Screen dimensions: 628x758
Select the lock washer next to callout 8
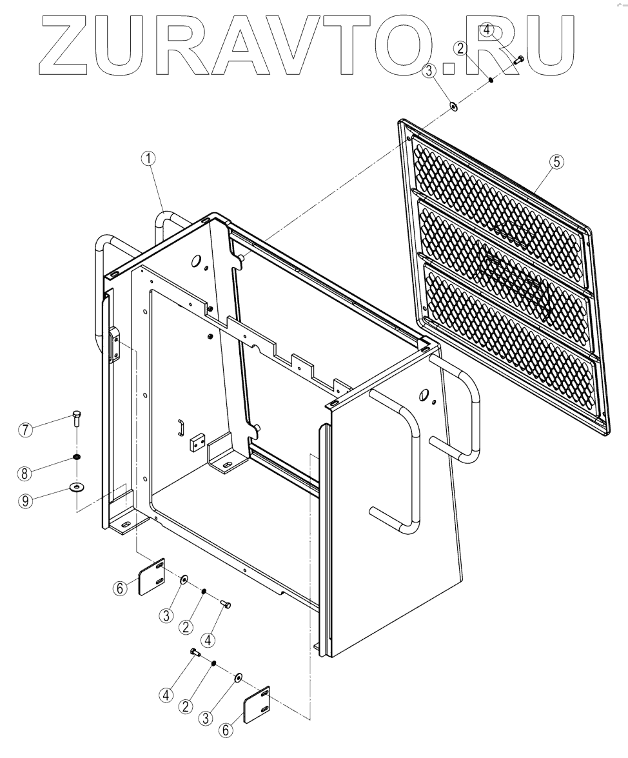pyautogui.click(x=77, y=457)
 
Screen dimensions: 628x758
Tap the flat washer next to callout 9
pyautogui.click(x=77, y=486)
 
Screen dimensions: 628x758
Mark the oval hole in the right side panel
pyautogui.click(x=424, y=395)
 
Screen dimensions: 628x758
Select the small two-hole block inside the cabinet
pyautogui.click(x=197, y=443)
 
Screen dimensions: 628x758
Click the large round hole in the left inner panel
pyautogui.click(x=193, y=261)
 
